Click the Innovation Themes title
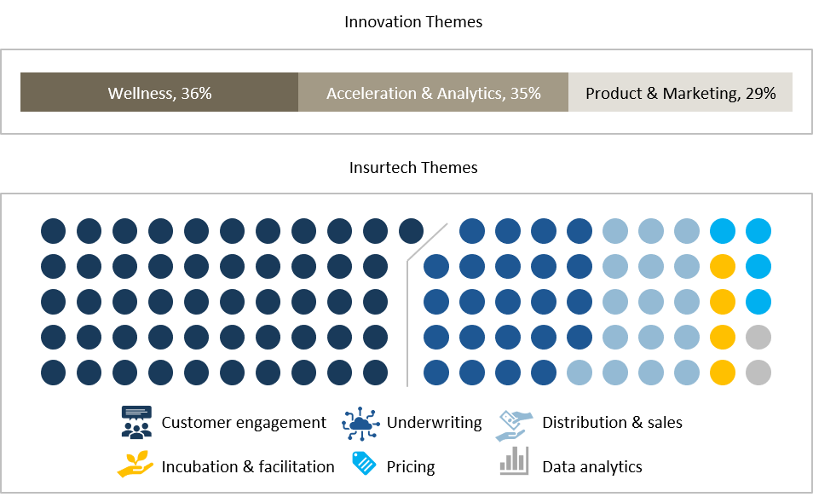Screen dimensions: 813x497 tap(413, 22)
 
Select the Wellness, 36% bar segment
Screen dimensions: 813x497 tap(159, 92)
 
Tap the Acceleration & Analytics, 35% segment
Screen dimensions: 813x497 tap(434, 92)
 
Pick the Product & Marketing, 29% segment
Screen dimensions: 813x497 tap(680, 92)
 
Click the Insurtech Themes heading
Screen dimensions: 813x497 tap(413, 168)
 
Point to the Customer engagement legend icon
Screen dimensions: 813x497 tap(136, 422)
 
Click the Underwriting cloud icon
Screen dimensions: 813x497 tap(360, 424)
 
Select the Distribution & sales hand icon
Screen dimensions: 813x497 tap(515, 425)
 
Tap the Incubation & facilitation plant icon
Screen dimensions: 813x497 tap(135, 464)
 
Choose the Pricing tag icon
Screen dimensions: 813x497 tap(364, 463)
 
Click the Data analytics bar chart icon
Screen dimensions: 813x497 tap(514, 460)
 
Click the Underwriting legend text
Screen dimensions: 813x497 tap(434, 422)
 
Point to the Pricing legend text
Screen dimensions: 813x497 tap(411, 467)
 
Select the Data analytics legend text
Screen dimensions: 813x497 tap(592, 467)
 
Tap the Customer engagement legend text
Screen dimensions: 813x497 tap(244, 422)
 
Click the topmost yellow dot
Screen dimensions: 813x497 tap(723, 267)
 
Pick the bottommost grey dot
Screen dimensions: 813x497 tap(758, 373)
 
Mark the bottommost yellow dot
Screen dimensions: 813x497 tap(723, 373)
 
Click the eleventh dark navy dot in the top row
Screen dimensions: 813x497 tap(411, 231)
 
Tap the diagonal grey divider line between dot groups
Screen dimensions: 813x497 tap(427, 243)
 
